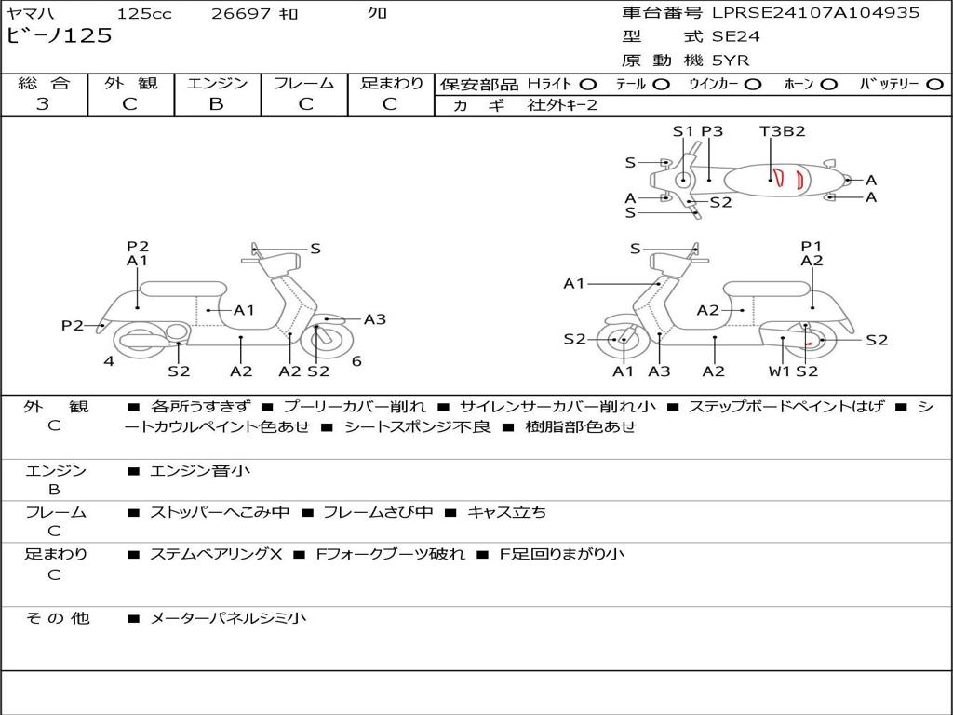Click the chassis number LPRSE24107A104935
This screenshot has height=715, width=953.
coord(815,13)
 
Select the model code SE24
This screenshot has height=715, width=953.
coord(735,36)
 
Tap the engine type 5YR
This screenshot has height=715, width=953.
coord(731,61)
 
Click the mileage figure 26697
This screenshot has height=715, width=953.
coord(241,13)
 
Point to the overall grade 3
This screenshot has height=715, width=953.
coord(43,104)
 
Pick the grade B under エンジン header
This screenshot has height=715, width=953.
coord(216,104)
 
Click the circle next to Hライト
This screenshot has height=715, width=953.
coord(588,85)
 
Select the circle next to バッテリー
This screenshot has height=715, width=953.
coord(934,85)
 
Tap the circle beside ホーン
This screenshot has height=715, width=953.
coord(828,85)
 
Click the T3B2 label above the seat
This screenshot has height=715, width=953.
coord(782,130)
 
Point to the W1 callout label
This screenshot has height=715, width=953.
coord(779,371)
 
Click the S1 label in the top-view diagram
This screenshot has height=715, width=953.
coord(683,130)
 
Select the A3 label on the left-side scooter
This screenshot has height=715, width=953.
coord(375,319)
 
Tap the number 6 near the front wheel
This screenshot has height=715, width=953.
coord(356,361)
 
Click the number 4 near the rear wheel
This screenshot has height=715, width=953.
coord(109,361)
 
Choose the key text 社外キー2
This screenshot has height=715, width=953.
coord(562,105)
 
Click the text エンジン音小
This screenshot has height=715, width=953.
coord(200,470)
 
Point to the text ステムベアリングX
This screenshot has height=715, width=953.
coord(216,554)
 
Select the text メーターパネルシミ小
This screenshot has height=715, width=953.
coord(228,618)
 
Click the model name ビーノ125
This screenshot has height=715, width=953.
coord(59,35)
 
